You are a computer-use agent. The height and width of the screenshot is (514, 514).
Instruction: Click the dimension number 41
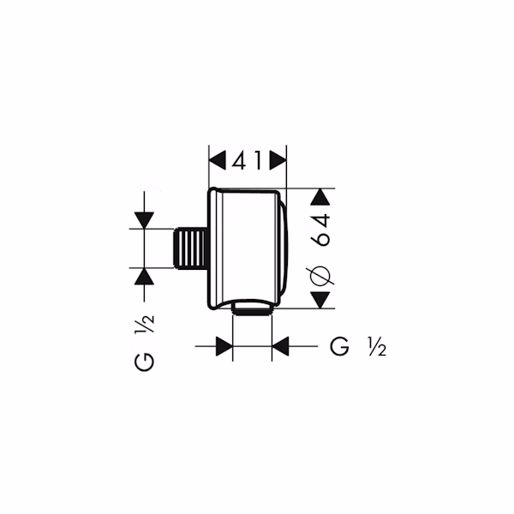pyautogui.click(x=248, y=161)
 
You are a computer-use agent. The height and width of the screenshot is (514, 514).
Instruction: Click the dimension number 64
pyautogui.click(x=321, y=230)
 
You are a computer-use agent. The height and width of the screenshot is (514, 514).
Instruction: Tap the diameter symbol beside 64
pyautogui.click(x=321, y=275)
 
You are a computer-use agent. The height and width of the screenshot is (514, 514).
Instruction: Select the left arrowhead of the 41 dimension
pyautogui.click(x=218, y=161)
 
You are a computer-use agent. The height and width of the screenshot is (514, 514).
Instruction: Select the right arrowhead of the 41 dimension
pyautogui.click(x=278, y=161)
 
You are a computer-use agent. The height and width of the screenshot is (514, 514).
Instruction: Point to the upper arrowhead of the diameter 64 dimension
pyautogui.click(x=320, y=197)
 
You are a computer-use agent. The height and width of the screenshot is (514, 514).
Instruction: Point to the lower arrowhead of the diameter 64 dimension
pyautogui.click(x=320, y=300)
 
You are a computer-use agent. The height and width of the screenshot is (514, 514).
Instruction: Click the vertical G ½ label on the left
pyautogui.click(x=144, y=343)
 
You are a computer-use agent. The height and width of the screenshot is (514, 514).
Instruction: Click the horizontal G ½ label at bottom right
pyautogui.click(x=358, y=346)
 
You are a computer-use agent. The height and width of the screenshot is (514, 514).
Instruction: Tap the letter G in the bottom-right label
pyautogui.click(x=339, y=346)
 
